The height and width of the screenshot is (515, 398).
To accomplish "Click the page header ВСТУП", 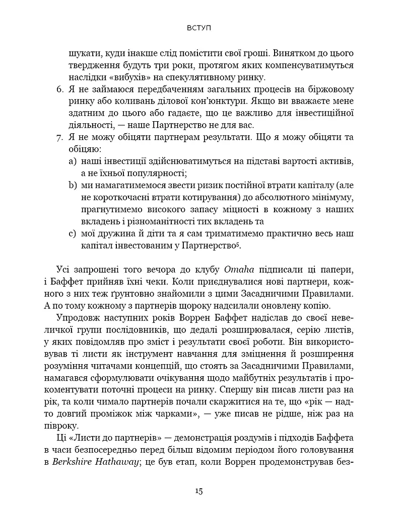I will click(198, 28).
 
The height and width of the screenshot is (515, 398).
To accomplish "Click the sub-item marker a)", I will click(72, 161).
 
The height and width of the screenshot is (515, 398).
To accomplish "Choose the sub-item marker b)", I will click(72, 186).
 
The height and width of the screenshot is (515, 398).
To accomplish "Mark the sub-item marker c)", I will click(72, 233).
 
